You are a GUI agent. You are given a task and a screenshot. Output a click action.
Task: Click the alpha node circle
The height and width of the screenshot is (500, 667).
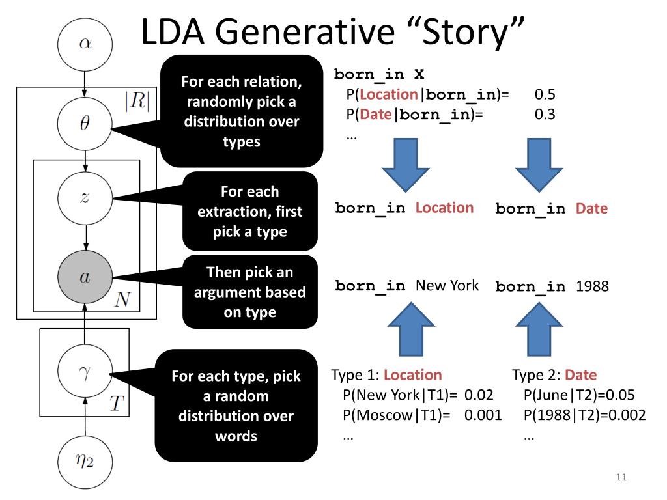coord(85,44)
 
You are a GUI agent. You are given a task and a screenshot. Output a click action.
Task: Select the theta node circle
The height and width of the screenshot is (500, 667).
coord(85,123)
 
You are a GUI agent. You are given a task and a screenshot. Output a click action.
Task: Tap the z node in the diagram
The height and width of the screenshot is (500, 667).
coord(85,197)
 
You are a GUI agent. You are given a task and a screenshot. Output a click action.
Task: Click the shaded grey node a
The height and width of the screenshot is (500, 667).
coord(85,277)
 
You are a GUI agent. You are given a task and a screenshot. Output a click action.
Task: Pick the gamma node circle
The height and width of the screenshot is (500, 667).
coord(85,372)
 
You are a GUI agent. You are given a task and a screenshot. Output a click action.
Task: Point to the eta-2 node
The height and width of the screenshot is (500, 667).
coord(85,462)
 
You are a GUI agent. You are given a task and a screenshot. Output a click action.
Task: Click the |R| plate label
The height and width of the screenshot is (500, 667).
coord(137,101)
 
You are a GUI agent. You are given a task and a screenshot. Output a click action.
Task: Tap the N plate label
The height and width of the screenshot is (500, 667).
coord(122,299)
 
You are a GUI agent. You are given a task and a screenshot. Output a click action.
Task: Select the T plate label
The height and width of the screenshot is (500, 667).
coord(117,404)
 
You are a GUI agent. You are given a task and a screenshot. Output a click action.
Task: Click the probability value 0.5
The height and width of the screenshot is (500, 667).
coord(545,94)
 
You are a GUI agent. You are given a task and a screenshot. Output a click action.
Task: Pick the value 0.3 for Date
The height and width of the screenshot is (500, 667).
coord(545,115)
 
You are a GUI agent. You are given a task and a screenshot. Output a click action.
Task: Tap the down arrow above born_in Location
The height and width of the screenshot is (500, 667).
coord(406,165)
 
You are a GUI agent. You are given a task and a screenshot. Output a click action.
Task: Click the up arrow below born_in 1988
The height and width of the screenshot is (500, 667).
coord(539,329)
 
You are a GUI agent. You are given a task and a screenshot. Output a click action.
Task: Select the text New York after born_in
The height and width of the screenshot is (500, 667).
coord(447,285)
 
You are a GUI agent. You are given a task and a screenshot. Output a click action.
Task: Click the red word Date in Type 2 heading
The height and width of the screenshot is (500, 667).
coord(580,375)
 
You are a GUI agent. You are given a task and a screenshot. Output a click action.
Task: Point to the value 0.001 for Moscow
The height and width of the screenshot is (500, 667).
coord(483,415)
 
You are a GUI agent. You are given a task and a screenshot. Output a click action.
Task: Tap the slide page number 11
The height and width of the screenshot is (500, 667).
coord(621,477)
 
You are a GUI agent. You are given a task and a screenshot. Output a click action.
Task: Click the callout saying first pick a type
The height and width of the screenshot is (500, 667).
coord(250,212)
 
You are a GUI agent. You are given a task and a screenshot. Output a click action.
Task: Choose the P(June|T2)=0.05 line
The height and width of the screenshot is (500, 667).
coord(579,395)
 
